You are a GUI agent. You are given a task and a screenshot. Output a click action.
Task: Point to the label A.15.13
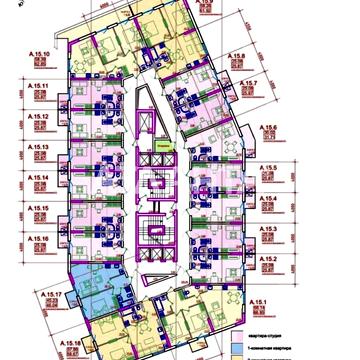click(x=40, y=148)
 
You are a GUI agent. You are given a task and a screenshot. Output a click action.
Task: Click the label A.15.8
click(x=237, y=58)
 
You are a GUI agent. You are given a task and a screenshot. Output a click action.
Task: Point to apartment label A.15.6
click(x=268, y=129)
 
